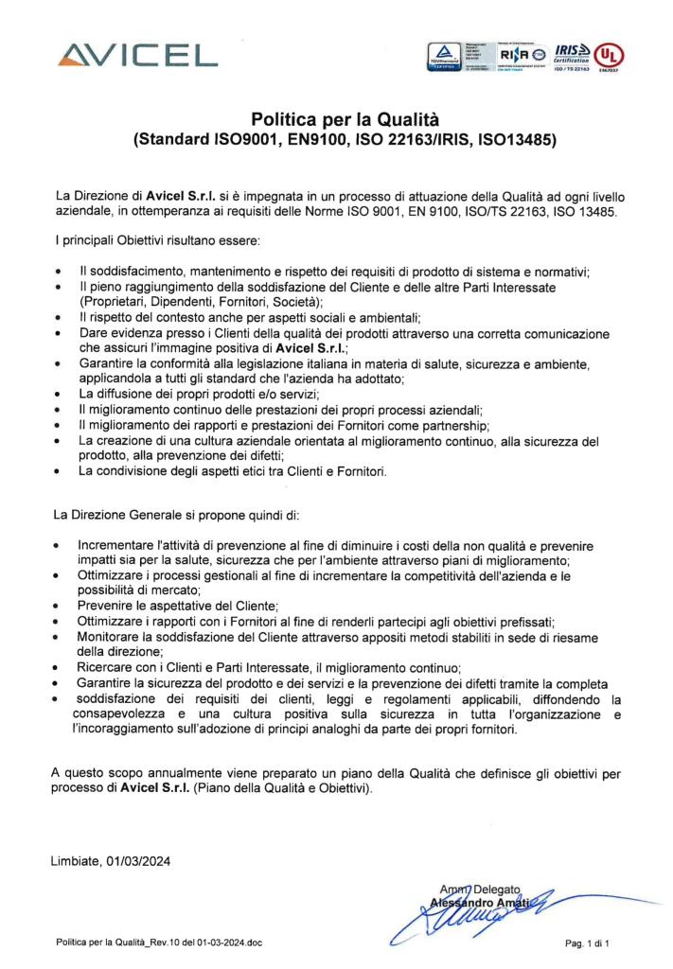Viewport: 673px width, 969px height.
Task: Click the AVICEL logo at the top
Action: (136, 55)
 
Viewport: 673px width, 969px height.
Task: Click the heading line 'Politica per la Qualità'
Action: (345, 119)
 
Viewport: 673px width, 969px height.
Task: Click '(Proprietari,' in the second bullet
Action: (112, 301)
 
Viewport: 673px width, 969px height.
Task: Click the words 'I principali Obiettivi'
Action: (102, 245)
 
